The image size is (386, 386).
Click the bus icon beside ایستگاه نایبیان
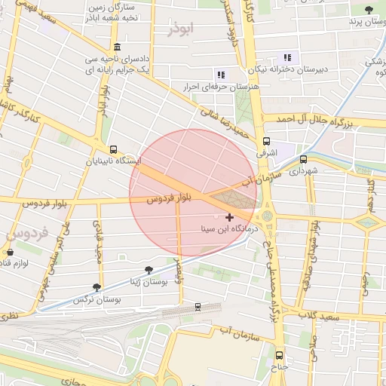coord(113,149)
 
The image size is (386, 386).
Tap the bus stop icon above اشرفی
coord(266,141)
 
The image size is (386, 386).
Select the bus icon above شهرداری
coord(303,160)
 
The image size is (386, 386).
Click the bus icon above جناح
coord(279,355)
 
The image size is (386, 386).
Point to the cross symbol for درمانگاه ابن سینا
coord(229,217)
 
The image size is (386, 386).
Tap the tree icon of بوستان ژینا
coord(149,269)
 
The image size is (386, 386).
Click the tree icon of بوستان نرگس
coord(96,287)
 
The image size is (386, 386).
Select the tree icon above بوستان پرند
coord(369,10)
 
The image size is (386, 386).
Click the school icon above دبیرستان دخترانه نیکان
coord(286,57)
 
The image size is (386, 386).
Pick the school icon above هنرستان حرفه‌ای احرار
coord(221,75)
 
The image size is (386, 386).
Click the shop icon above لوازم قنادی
coord(10,252)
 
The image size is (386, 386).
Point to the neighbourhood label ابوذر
coord(182,30)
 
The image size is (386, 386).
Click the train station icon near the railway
coord(198,307)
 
